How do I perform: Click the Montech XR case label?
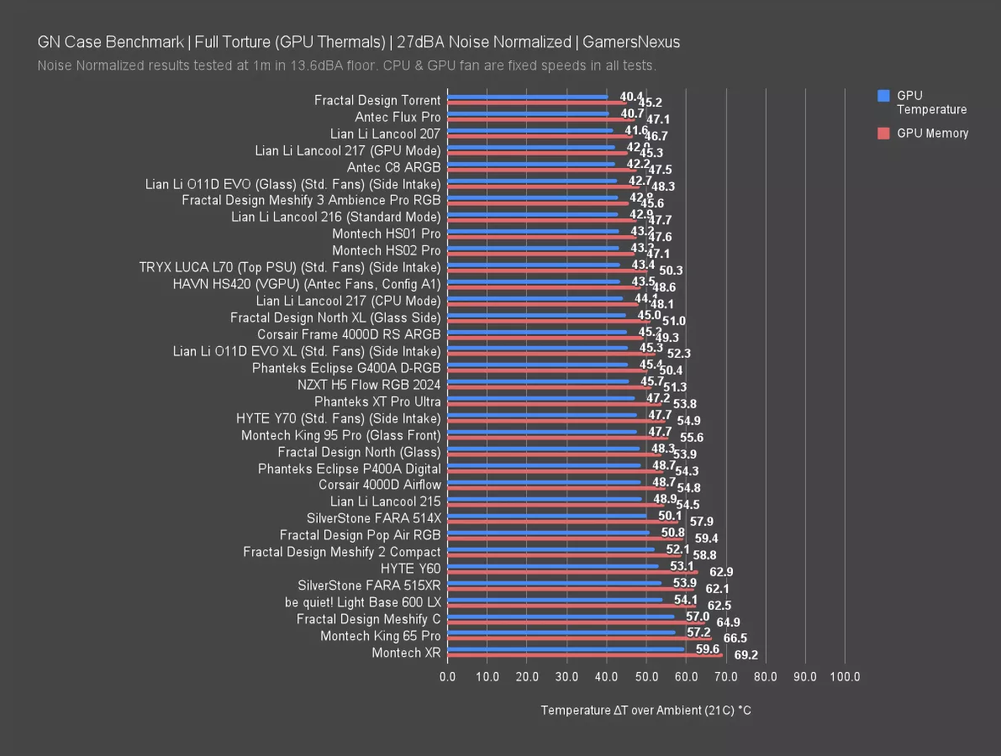click(406, 653)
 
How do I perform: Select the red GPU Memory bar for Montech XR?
click(585, 655)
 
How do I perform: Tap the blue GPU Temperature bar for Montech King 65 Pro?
click(561, 633)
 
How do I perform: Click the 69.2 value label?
click(746, 655)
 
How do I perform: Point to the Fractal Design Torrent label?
click(377, 100)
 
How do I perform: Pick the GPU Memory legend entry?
click(932, 134)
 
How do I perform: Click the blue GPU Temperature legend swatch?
click(882, 96)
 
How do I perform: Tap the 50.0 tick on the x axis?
click(646, 676)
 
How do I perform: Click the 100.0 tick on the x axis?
click(846, 676)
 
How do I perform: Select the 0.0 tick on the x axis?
click(448, 676)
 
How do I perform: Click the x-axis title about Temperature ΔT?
click(645, 711)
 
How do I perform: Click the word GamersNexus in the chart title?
click(631, 42)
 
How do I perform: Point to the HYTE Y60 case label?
click(410, 569)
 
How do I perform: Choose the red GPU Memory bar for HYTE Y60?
click(572, 572)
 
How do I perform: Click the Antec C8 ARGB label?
click(393, 167)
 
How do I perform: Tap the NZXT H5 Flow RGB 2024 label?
click(369, 385)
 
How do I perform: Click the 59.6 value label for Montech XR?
click(708, 648)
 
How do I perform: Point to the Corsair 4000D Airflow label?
click(379, 485)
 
